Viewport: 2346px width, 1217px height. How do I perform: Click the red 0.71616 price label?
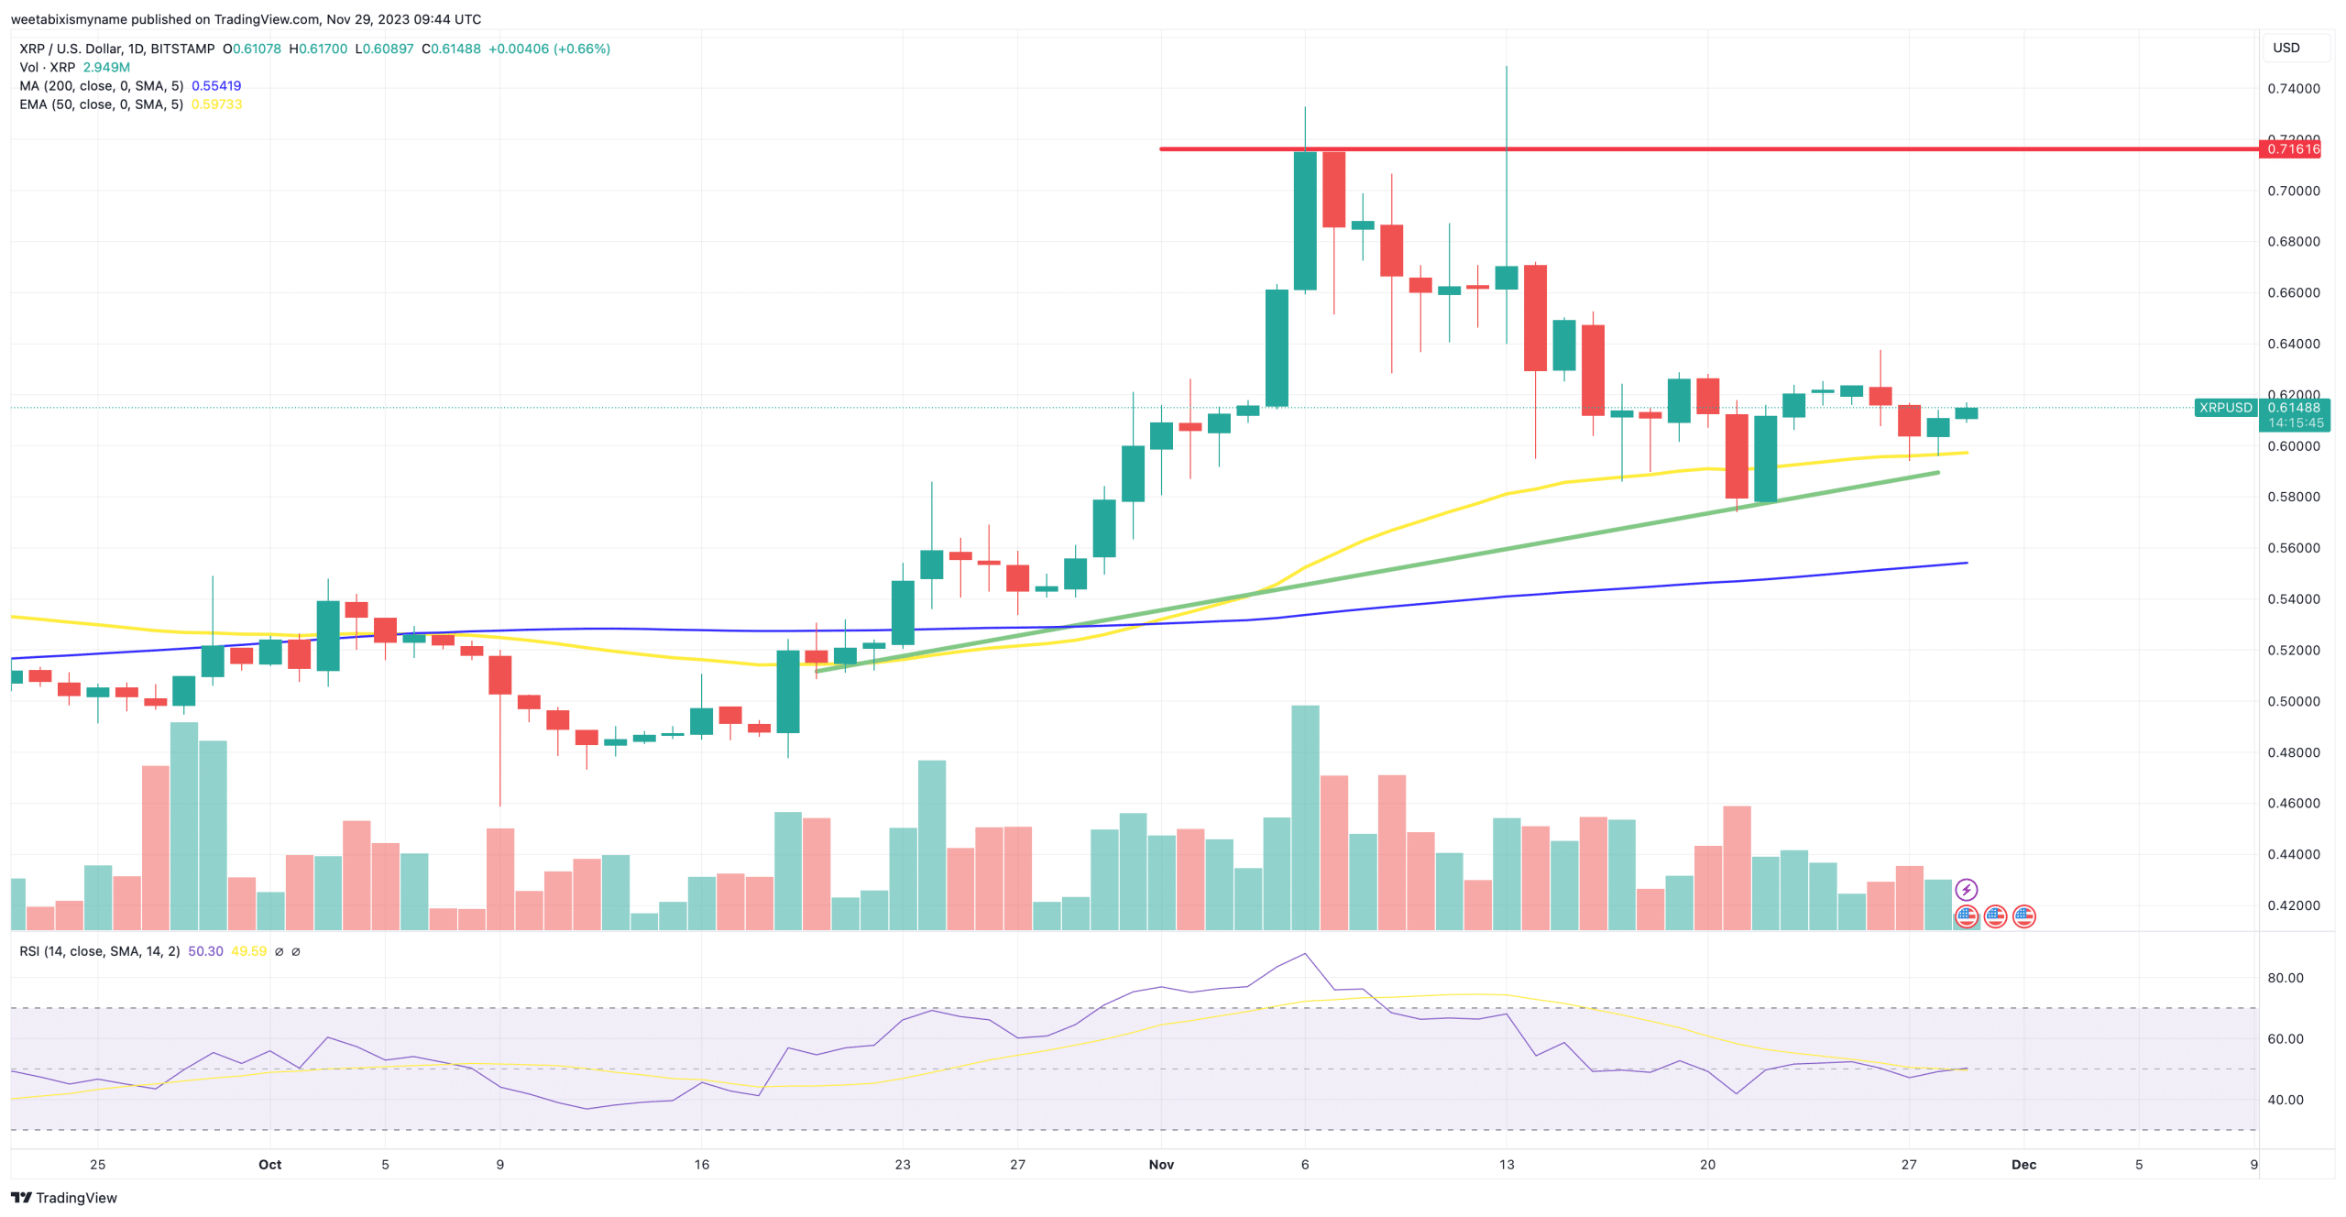point(2293,149)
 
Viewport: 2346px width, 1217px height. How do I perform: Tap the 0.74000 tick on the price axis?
point(2293,89)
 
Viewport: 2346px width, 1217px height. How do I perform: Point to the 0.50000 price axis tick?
point(2293,701)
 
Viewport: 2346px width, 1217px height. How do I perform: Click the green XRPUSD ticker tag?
point(2225,408)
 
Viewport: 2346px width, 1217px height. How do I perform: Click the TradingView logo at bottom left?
point(64,1198)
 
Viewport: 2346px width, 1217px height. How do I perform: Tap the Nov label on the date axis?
point(1161,1165)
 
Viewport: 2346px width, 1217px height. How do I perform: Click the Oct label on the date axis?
point(269,1165)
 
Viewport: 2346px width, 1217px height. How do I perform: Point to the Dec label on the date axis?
point(2023,1165)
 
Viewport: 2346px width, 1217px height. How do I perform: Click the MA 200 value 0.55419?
point(216,86)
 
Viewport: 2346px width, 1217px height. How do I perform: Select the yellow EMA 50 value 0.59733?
point(216,104)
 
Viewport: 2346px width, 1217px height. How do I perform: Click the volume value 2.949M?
point(106,68)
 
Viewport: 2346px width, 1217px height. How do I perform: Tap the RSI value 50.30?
point(205,951)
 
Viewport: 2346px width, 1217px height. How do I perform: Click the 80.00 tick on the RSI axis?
point(2285,978)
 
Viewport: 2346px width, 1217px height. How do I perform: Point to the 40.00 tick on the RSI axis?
point(2285,1100)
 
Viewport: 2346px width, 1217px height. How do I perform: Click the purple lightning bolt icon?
point(1966,890)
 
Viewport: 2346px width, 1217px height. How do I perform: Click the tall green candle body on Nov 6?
point(1305,220)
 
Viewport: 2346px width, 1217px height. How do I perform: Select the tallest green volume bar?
point(1305,816)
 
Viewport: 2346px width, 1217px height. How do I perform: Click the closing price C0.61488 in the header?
point(451,49)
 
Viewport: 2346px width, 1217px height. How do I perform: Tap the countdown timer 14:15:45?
point(2295,423)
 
